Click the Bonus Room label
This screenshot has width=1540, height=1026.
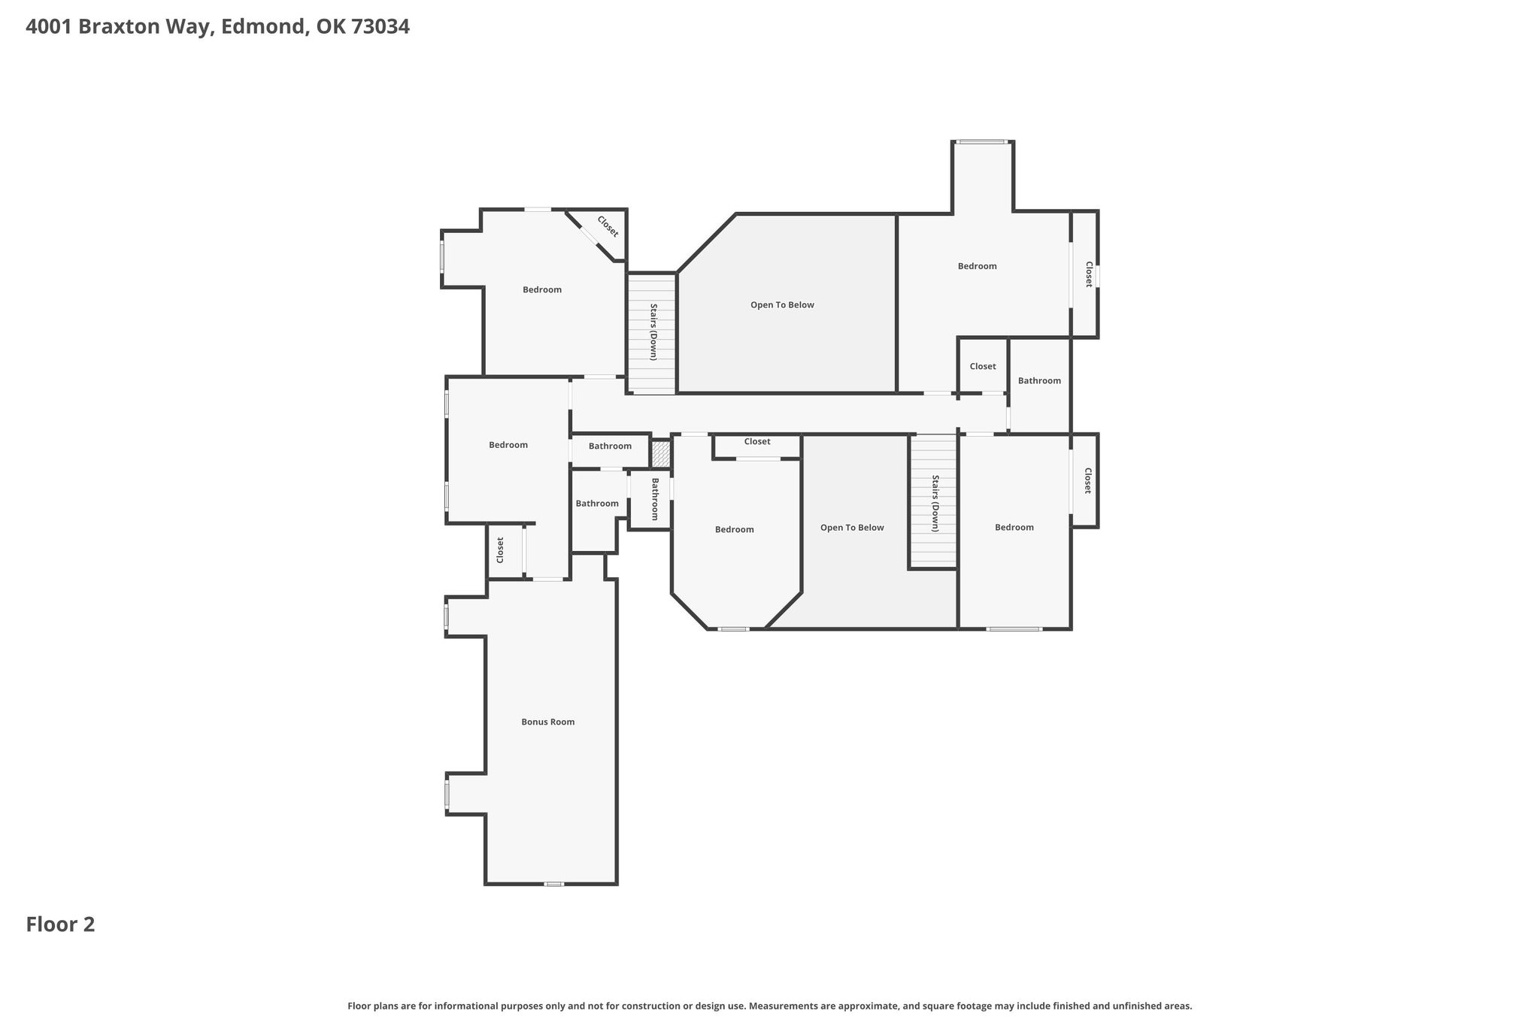(x=547, y=722)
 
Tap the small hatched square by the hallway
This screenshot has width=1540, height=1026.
(x=660, y=453)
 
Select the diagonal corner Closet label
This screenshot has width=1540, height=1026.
(x=608, y=226)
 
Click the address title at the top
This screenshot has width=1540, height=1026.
(x=217, y=27)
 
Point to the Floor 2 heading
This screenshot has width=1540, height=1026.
(x=60, y=925)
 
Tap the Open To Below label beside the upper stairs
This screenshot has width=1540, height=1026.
(x=782, y=304)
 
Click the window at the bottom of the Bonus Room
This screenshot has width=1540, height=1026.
(x=553, y=884)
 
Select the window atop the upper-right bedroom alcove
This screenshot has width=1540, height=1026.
(x=981, y=141)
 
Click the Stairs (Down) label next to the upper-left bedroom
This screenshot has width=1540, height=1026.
(x=653, y=331)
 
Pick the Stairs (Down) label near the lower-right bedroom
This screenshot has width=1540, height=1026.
(x=935, y=503)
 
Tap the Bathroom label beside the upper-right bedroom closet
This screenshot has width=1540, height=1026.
(x=1039, y=380)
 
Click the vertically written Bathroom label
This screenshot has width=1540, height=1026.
(x=654, y=499)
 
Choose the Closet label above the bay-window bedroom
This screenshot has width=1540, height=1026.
(x=757, y=441)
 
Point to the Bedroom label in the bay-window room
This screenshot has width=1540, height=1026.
(x=734, y=529)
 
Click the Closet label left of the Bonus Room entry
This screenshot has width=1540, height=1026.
(x=500, y=549)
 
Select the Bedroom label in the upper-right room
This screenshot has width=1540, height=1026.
(x=977, y=265)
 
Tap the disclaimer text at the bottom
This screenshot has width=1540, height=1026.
(x=770, y=1006)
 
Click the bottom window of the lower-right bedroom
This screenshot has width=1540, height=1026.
(x=1014, y=628)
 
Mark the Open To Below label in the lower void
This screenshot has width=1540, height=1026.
(x=852, y=527)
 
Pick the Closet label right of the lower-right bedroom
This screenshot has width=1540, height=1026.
(x=1087, y=480)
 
